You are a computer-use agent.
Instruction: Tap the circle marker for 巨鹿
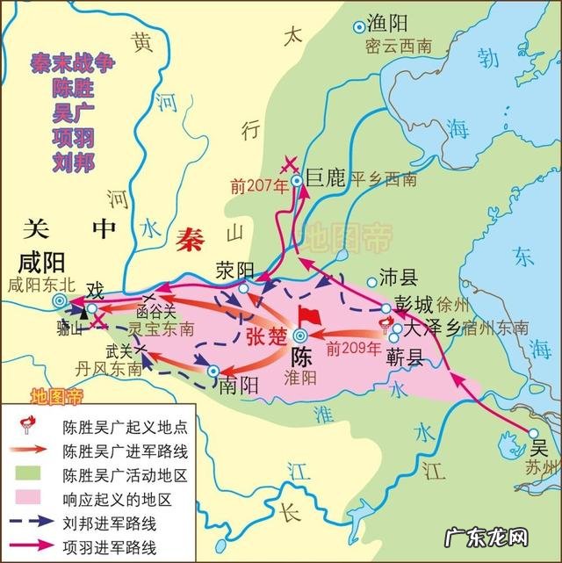pos(298,181)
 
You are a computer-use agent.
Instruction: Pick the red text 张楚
pos(264,336)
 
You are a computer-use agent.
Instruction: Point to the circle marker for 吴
pos(530,433)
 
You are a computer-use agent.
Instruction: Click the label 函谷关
pos(155,311)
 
